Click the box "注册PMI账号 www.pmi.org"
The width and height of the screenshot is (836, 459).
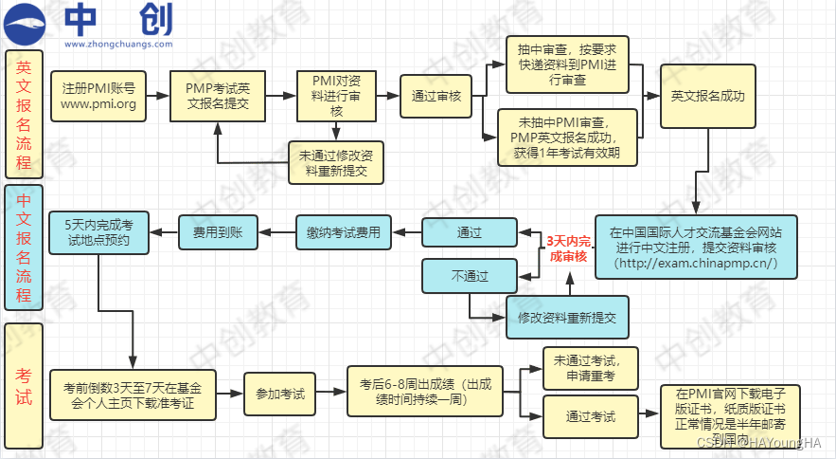click(98, 96)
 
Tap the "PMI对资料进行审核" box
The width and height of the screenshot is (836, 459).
click(336, 96)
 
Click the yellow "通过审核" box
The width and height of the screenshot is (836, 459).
click(436, 96)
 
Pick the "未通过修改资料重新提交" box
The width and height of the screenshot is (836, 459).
click(335, 162)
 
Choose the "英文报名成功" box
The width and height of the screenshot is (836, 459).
click(707, 96)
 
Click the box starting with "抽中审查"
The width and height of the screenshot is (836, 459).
click(566, 64)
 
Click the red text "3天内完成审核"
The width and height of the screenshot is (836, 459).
click(567, 248)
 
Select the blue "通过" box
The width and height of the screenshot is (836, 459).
click(470, 232)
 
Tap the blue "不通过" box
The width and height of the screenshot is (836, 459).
click(470, 276)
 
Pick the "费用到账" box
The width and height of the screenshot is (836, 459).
click(218, 232)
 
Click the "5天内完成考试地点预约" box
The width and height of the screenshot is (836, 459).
click(98, 232)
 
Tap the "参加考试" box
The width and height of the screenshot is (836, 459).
click(279, 393)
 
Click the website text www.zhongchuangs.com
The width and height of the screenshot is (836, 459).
click(118, 44)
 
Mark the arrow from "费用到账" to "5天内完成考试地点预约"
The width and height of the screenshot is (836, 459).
click(164, 232)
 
